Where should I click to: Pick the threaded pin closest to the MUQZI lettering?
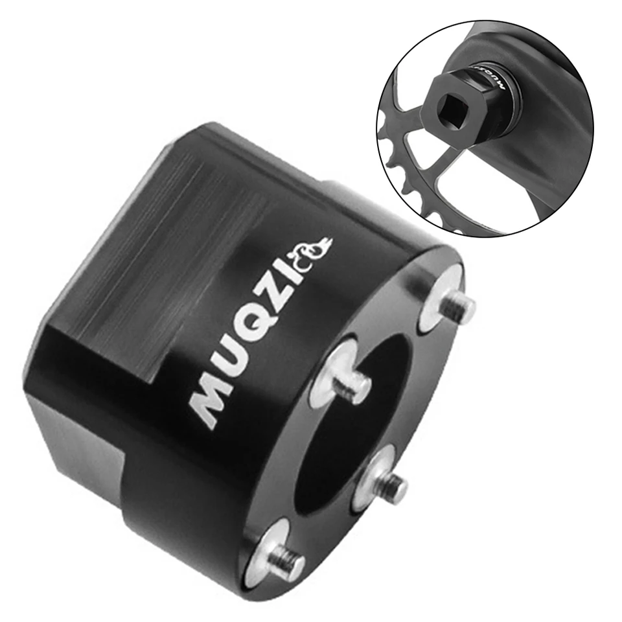[351, 384]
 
